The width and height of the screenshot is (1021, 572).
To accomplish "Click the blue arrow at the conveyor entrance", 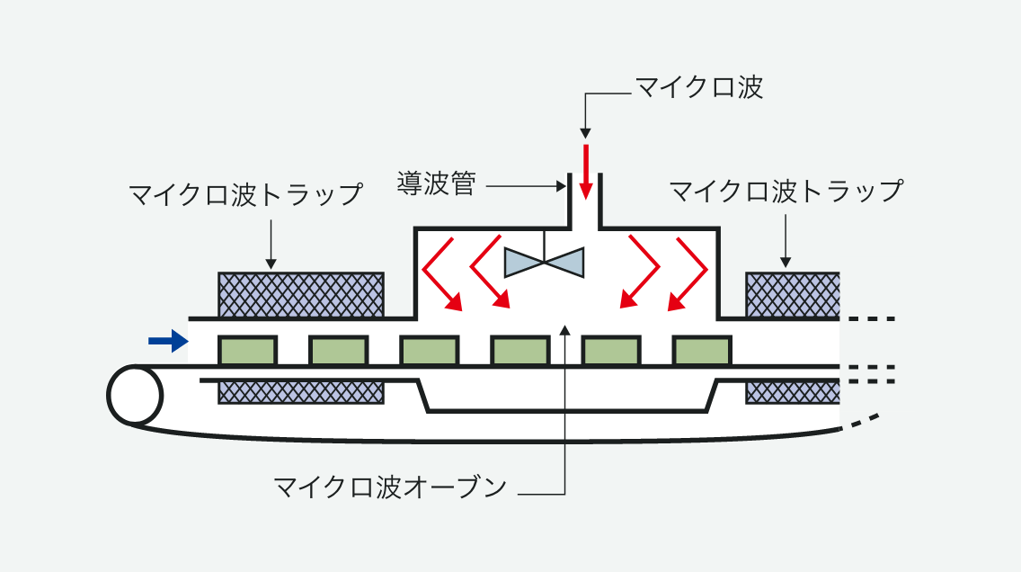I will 169,340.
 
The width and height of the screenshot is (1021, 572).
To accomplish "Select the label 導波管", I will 436,184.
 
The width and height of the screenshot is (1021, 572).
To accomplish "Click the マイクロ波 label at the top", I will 698,87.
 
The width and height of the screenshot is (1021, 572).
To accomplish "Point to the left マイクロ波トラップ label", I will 245,194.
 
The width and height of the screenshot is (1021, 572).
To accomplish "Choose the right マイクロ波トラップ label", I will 786,192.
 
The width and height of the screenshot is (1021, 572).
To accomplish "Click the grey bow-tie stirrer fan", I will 545,262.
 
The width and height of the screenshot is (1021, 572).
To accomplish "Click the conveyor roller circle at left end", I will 135,395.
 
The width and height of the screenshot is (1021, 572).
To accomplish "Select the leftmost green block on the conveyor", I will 247,350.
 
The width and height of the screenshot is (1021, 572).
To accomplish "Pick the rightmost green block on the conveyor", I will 702,350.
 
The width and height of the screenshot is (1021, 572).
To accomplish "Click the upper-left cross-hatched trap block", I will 301,294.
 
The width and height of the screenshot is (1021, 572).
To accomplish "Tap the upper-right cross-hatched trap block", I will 792,294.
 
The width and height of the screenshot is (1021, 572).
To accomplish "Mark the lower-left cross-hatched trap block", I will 301,391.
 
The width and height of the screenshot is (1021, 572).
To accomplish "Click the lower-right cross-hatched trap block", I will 792,391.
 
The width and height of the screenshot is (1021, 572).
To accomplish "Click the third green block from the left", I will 429,350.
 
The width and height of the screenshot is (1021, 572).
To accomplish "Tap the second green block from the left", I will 338,350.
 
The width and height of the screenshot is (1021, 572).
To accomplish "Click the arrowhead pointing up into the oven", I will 565,330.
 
